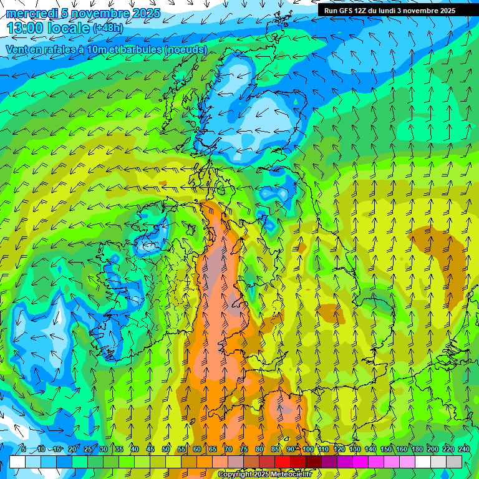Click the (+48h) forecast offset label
pos(108,29)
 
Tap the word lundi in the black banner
pos(407,11)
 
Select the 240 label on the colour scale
pos(463,450)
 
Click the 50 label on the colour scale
pos(166,450)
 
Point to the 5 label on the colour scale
pos(24,450)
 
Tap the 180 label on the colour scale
pos(417,450)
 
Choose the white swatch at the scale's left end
pos(17,462)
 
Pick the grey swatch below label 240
pos(454,462)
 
